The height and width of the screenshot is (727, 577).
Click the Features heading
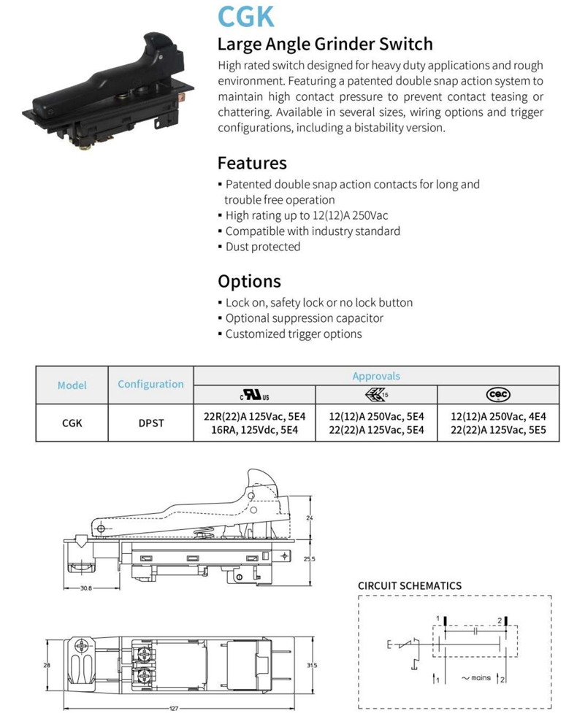[252, 164]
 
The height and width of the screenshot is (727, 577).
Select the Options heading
[250, 282]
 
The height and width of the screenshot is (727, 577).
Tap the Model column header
[72, 385]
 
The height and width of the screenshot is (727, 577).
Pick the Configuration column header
[150, 384]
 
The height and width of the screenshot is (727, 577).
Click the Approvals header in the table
[376, 376]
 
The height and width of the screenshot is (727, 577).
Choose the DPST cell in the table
[151, 423]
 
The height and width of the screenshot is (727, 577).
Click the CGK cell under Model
[72, 423]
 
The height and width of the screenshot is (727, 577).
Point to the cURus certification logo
[255, 395]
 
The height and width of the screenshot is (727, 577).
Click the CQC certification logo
[498, 395]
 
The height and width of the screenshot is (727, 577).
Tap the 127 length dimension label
[174, 709]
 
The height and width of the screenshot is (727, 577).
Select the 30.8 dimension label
[86, 588]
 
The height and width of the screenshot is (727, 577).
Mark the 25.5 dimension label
[310, 559]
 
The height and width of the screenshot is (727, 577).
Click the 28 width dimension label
[47, 665]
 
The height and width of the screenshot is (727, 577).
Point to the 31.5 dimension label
[312, 666]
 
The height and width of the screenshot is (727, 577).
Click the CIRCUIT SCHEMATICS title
[410, 585]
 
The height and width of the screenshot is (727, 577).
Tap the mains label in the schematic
[481, 678]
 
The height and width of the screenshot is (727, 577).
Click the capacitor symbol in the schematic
[475, 631]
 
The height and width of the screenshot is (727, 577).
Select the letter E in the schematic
[389, 645]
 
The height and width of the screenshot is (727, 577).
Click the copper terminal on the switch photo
[182, 97]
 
